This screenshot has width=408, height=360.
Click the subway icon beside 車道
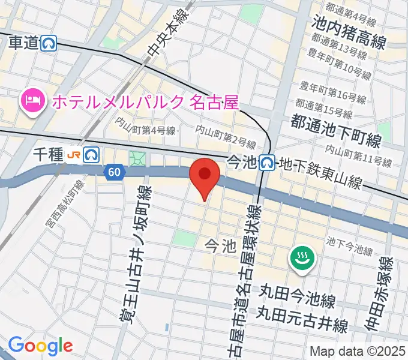click(49, 43)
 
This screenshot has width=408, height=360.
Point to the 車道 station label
click(24, 43)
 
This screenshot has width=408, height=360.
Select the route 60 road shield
click(115, 172)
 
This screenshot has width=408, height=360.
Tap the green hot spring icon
click(299, 259)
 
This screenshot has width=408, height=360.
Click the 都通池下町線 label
click(336, 131)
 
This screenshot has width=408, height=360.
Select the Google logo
click(40, 346)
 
